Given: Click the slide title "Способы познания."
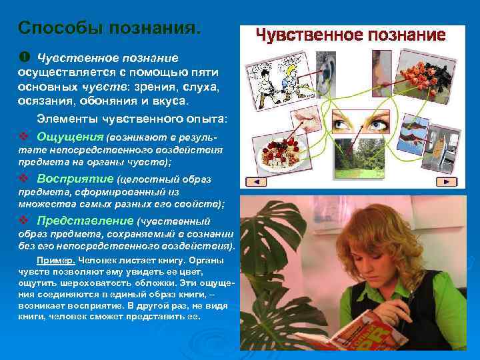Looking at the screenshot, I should (109, 29).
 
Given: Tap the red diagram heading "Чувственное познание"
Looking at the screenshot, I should (351, 35).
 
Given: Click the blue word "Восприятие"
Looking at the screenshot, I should (75, 179).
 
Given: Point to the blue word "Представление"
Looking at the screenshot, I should (85, 221).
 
